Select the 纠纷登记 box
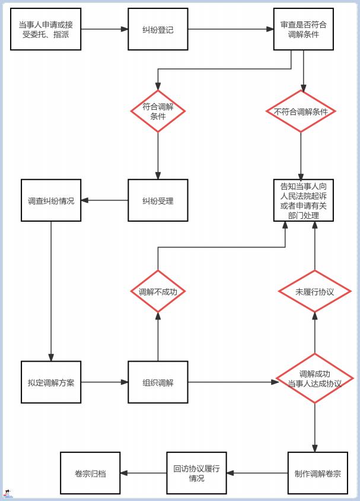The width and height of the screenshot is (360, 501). point(158,29)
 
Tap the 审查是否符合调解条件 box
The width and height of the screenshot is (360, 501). point(303,29)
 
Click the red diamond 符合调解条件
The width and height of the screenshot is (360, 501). point(158,111)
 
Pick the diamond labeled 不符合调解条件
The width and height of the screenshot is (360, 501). point(301,111)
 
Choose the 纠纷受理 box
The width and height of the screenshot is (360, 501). point(158,200)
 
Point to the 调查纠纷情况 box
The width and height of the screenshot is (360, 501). point(51,200)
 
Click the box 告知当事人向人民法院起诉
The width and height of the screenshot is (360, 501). point(303,200)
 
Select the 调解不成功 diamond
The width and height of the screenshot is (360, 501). point(158,292)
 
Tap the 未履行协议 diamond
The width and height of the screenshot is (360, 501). point(314,292)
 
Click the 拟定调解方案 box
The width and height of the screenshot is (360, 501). point(51,382)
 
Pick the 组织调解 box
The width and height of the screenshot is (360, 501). point(158,382)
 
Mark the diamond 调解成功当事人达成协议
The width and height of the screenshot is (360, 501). point(314,378)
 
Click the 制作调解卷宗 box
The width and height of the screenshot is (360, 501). point(317,473)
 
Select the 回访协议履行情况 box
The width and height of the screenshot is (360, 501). point(196,473)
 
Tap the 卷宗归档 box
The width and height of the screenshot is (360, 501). point(90,473)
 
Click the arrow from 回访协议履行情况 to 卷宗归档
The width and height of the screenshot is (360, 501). point(144,473)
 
